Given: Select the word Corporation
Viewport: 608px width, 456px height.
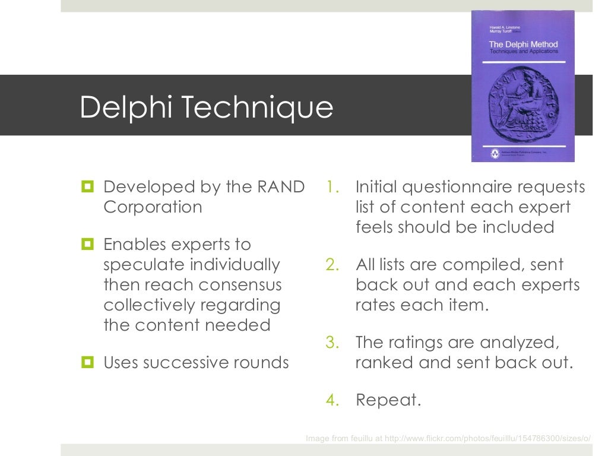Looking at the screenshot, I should point(153,207).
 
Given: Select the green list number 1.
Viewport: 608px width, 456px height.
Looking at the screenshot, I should point(331,188).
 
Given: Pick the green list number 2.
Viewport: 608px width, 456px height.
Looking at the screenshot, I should point(331,265).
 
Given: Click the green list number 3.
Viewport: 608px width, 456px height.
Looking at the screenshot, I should point(331,343).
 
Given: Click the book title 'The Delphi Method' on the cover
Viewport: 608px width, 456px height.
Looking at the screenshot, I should point(523,45).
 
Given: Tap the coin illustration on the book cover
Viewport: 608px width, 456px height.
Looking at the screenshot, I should point(522,104).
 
